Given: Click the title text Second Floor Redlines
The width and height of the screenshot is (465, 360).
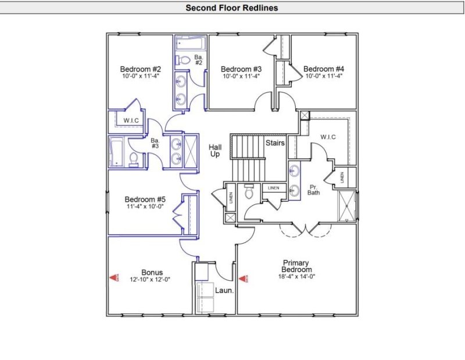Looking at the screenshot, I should click(231, 8).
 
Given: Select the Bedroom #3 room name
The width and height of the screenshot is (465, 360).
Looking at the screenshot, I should click(239, 69).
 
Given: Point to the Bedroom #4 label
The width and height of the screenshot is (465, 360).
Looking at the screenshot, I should click(323, 69).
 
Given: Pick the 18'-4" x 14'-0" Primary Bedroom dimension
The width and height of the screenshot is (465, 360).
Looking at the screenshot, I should click(296, 276).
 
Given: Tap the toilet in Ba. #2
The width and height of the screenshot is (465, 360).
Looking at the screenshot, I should click(184, 59).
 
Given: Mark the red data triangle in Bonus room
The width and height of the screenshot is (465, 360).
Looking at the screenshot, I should click(114, 278).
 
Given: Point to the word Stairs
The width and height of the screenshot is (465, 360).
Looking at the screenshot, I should click(275, 142).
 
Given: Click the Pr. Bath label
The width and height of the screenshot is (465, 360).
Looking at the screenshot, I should click(314, 188).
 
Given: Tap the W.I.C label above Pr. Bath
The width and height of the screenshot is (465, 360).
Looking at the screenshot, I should click(329, 137).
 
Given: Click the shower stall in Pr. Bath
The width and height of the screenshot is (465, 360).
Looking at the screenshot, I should click(348, 205).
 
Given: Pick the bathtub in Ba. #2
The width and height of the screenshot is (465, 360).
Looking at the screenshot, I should click(189, 44).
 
